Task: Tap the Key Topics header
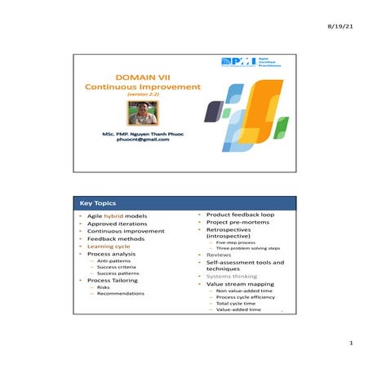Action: point(98,202)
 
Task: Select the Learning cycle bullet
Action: point(109,246)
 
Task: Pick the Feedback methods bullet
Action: point(114,237)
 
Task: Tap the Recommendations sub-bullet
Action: point(120,294)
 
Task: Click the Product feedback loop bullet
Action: point(240,215)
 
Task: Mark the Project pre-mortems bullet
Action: point(238,224)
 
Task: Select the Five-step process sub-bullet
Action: point(232,242)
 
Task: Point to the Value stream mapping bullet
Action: point(240,284)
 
